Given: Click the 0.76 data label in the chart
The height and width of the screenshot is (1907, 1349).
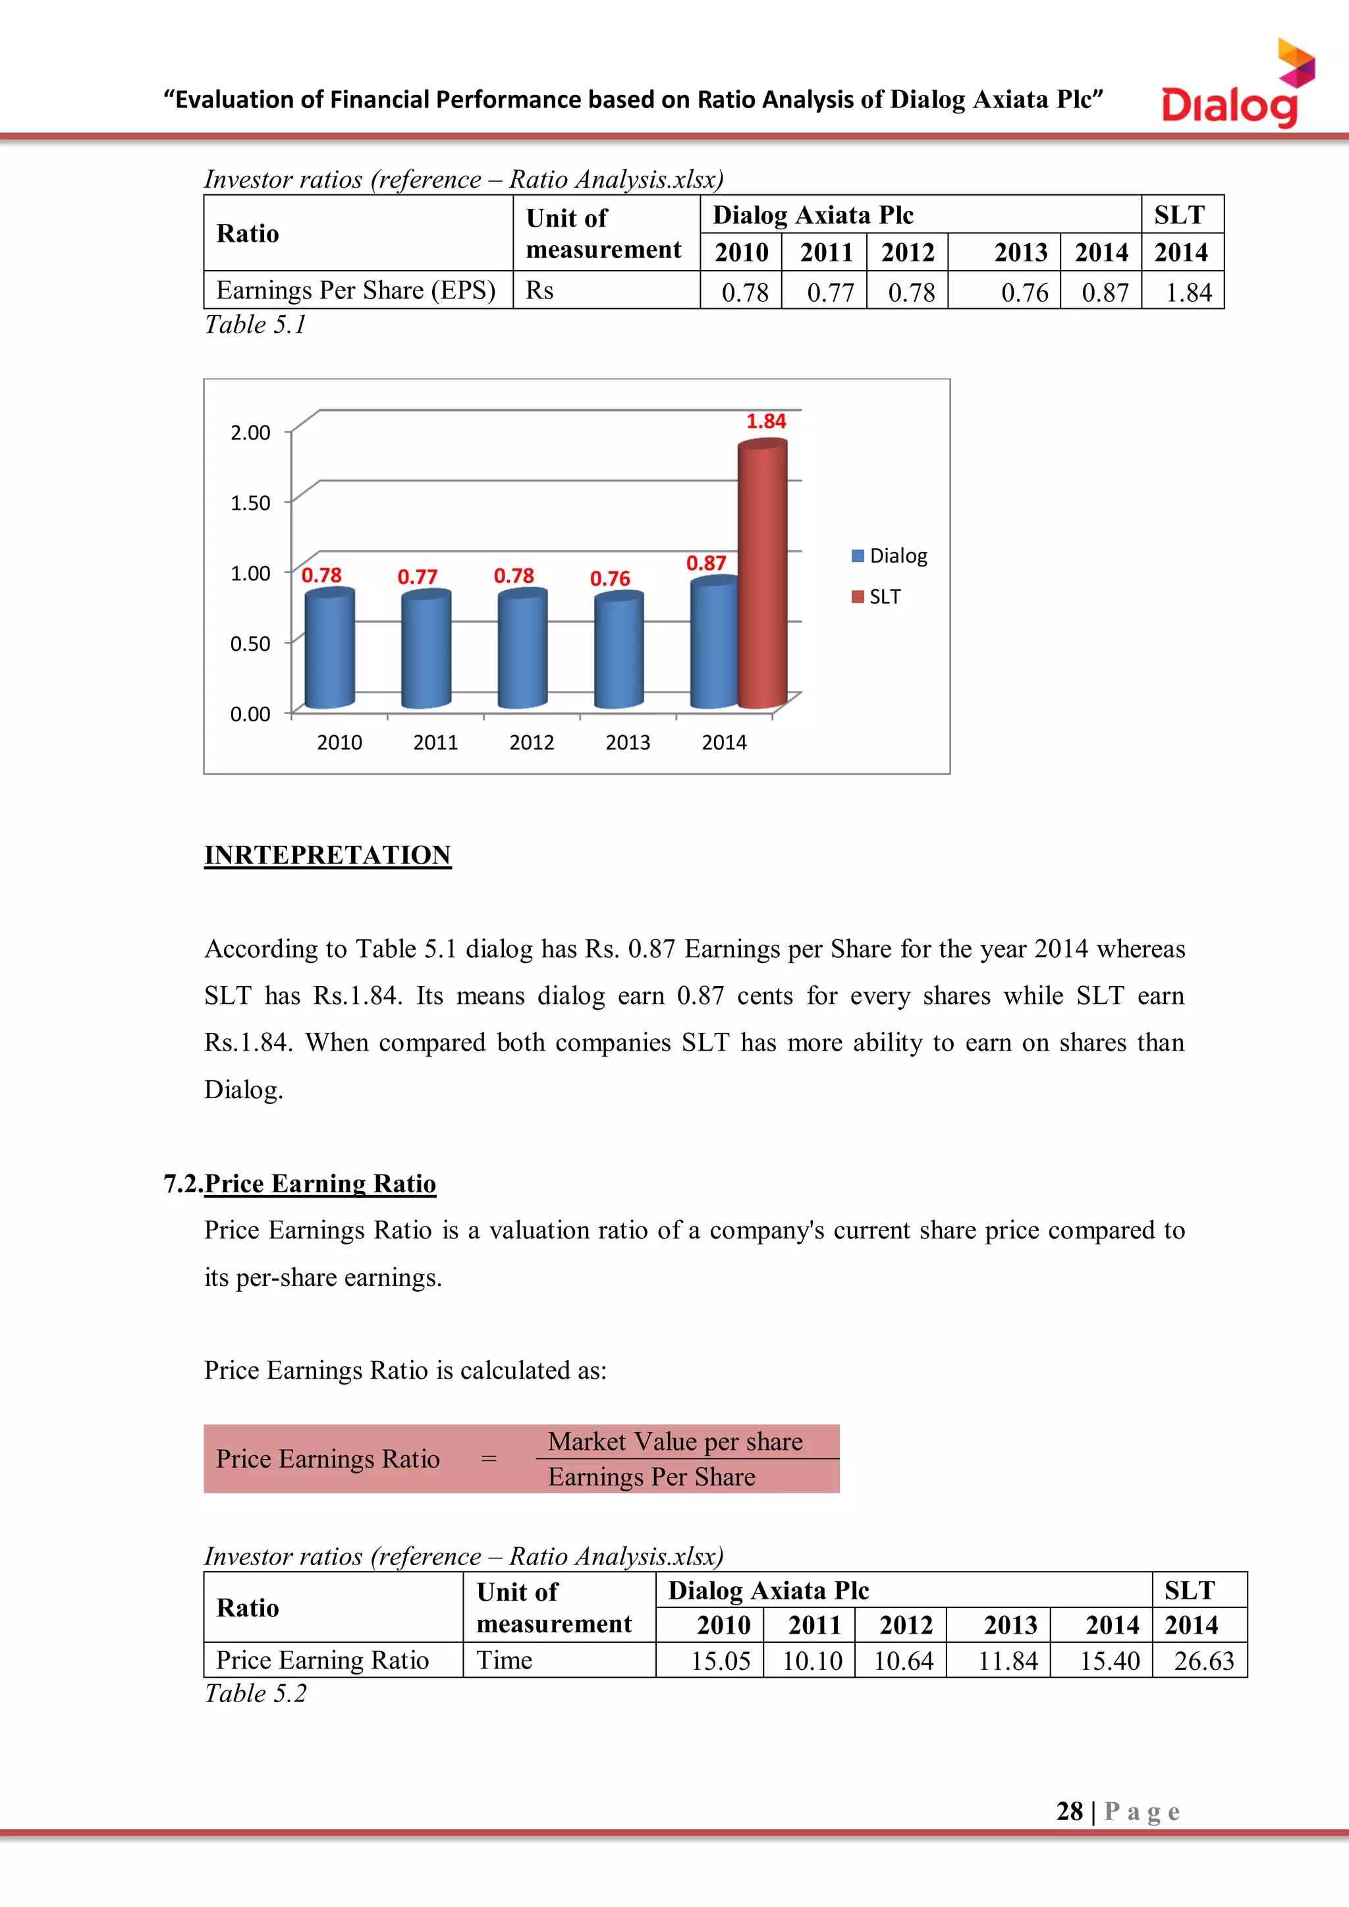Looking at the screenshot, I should (610, 579).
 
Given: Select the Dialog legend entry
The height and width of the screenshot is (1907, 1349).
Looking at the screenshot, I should (890, 556).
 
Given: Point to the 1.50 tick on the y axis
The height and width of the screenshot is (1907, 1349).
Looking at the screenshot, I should (250, 503).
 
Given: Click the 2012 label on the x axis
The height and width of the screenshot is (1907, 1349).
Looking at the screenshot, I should (532, 742).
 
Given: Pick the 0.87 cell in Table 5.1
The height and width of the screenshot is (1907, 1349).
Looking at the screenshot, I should (1104, 292).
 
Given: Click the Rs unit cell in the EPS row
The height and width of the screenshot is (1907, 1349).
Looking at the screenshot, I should (540, 290).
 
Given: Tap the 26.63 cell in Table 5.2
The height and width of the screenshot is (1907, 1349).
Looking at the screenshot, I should (1203, 1661).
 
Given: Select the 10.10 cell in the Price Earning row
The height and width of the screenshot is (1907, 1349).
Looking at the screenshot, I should (812, 1661).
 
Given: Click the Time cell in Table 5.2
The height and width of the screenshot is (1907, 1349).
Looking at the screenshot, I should (504, 1661).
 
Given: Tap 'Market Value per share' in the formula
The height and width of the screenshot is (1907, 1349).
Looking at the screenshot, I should (674, 1442).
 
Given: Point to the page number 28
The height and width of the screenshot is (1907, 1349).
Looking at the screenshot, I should (1069, 1811).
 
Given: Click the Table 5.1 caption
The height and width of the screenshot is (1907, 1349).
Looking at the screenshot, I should (256, 325).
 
